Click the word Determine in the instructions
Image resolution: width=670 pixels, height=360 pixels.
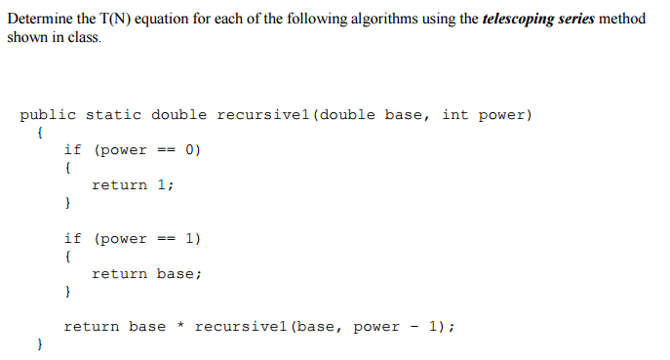point(38,20)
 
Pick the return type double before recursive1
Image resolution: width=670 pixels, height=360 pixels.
point(178,115)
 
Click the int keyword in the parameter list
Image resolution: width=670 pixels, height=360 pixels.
point(454,115)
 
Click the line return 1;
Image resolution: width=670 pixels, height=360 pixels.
point(133,185)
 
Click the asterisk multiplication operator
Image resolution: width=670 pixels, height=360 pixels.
point(180,327)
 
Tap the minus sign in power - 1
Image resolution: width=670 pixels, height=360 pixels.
point(414,327)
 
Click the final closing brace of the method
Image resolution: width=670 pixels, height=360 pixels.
point(39,345)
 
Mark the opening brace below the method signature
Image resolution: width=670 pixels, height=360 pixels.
point(39,133)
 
